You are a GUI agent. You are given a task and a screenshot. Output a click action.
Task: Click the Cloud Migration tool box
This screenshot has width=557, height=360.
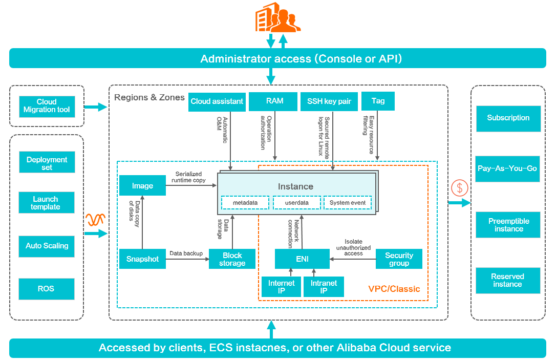tap(47, 105)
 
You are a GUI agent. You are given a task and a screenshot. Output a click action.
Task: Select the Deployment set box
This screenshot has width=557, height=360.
tap(47, 163)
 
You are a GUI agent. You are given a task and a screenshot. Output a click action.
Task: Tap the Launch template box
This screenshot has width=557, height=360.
tap(46, 203)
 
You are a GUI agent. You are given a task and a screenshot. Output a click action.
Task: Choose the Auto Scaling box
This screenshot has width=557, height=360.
tap(47, 246)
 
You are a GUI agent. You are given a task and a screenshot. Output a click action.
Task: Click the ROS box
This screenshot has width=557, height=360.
tap(47, 289)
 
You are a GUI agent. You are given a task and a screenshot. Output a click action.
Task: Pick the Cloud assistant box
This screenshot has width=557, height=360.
tap(217, 101)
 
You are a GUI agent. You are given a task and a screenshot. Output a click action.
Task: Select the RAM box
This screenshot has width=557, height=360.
tap(274, 101)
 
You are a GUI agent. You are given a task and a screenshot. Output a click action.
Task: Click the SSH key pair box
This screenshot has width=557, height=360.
tap(329, 101)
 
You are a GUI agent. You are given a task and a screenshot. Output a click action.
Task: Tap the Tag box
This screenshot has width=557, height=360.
tap(378, 101)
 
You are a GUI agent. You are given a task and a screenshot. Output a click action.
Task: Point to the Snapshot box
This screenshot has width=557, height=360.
tap(142, 259)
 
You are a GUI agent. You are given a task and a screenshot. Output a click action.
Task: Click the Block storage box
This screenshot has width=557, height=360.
tap(232, 259)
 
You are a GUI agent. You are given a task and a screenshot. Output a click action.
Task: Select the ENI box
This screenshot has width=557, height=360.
tap(302, 259)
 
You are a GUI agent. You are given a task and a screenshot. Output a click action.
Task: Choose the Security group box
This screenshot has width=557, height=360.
tap(399, 259)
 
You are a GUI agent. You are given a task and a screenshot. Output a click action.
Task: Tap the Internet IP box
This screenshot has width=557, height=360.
tap(281, 287)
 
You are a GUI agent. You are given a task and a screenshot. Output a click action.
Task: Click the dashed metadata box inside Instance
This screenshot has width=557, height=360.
tap(245, 203)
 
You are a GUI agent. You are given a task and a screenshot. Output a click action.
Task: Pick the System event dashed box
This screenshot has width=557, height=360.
tap(347, 203)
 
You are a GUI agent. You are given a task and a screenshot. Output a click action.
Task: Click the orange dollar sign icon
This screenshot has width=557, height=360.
tap(459, 188)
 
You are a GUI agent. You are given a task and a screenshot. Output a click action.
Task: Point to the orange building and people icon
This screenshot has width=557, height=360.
tap(277, 18)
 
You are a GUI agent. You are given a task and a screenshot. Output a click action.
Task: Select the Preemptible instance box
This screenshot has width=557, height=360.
tap(508, 225)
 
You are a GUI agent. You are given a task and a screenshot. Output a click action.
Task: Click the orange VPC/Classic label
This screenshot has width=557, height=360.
tap(394, 289)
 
